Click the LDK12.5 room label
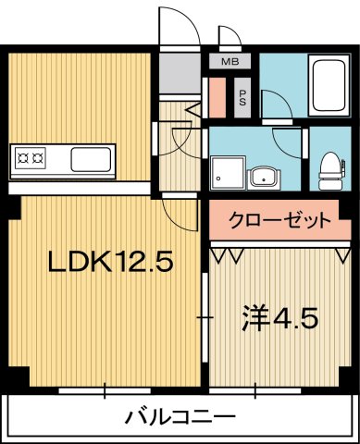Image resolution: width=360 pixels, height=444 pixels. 110,263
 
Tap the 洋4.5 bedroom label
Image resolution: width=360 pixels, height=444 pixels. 280,318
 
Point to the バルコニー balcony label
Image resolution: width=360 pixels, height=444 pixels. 180,417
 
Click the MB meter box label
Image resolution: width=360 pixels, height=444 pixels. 230,64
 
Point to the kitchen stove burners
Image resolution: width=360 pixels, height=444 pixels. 31,159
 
